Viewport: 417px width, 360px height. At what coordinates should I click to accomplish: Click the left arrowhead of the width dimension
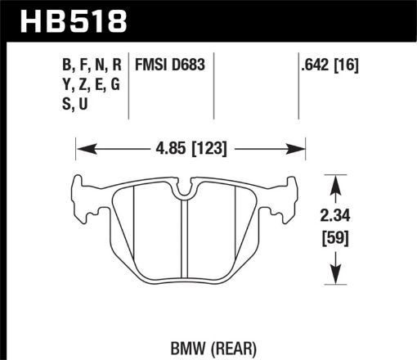coord(83,149)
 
